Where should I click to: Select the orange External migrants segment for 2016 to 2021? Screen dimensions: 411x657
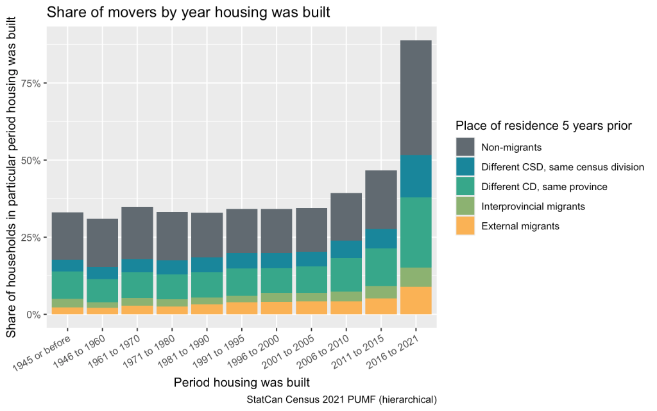(x=416, y=301)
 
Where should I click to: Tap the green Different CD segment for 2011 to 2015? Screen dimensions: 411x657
(x=380, y=267)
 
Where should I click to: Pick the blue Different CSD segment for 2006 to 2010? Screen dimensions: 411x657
(x=346, y=249)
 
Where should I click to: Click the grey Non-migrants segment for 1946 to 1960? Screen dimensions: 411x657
(x=102, y=243)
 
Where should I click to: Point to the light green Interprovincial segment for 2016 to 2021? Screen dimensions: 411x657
(x=416, y=277)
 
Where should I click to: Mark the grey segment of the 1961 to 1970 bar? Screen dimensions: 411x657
(x=137, y=233)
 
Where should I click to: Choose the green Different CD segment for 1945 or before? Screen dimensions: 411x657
(x=67, y=284)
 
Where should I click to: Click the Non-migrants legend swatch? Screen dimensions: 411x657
(x=465, y=147)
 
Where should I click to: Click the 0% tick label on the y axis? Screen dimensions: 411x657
(x=33, y=315)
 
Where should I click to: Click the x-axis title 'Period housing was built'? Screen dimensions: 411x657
(x=242, y=383)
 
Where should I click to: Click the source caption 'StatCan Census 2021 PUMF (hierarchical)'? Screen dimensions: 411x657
(x=341, y=399)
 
